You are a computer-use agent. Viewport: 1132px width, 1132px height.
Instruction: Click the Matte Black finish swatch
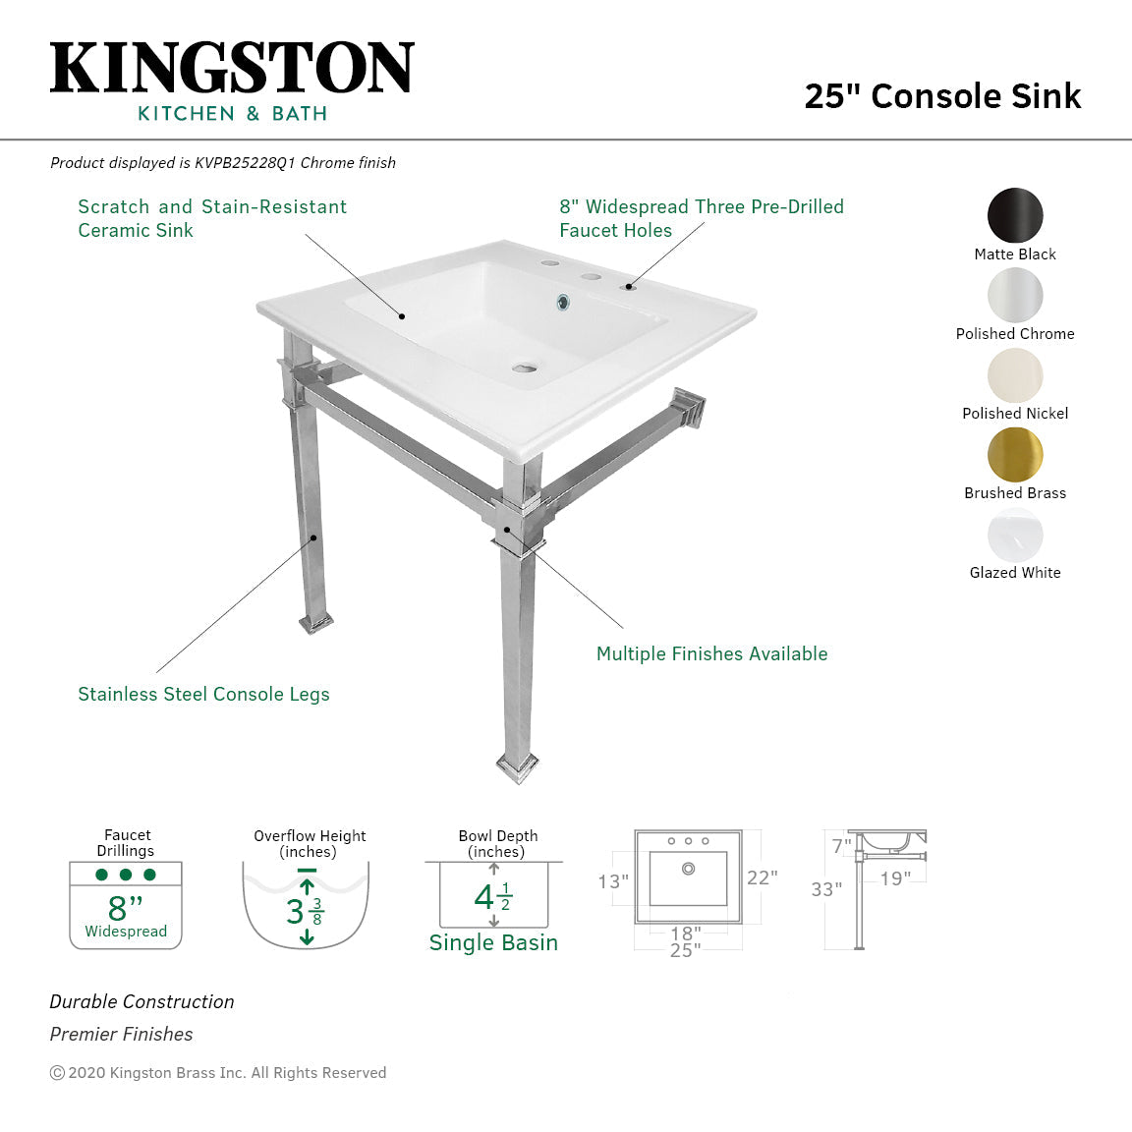(1015, 215)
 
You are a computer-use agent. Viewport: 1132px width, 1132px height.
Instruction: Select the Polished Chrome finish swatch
(1015, 295)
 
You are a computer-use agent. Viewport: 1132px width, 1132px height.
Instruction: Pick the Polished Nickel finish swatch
(1015, 374)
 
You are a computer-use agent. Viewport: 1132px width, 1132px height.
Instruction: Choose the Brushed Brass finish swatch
(1015, 454)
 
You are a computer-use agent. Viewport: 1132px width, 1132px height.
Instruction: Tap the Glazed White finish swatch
(1015, 535)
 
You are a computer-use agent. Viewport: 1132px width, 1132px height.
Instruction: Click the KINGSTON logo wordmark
(232, 69)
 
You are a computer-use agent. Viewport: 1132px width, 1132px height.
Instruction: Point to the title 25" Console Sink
(942, 96)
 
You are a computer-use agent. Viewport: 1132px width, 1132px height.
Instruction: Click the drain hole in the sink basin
(526, 368)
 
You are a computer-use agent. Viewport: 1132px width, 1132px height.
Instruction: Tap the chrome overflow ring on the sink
(564, 302)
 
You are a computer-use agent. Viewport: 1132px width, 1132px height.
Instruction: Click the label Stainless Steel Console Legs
(203, 695)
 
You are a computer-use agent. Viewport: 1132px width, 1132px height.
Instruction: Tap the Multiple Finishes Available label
(711, 654)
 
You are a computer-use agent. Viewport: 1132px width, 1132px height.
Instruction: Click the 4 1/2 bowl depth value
(492, 897)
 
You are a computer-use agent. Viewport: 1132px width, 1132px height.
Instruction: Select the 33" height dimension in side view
(826, 889)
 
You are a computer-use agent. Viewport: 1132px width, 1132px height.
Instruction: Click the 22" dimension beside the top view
(762, 877)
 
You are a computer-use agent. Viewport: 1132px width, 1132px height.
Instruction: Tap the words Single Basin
(493, 943)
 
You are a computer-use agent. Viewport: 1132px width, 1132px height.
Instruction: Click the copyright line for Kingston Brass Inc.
(218, 1073)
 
